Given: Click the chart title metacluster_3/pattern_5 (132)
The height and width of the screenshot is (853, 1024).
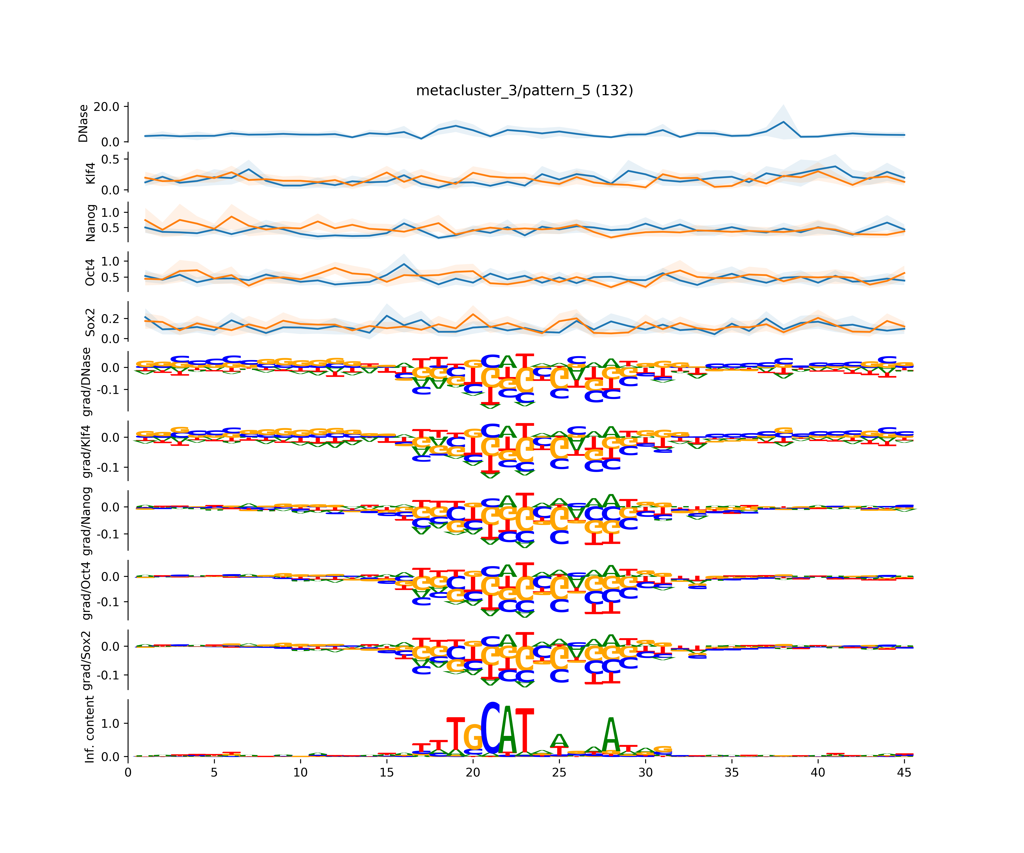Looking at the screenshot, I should pyautogui.click(x=524, y=91).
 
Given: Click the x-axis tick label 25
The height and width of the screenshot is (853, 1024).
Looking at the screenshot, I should pyautogui.click(x=559, y=773).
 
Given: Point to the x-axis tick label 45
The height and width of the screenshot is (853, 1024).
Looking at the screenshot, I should pyautogui.click(x=904, y=773).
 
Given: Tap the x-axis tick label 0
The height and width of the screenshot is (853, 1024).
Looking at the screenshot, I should pyautogui.click(x=128, y=773).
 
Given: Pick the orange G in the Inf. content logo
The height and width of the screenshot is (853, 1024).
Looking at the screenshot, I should pyautogui.click(x=473, y=736).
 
